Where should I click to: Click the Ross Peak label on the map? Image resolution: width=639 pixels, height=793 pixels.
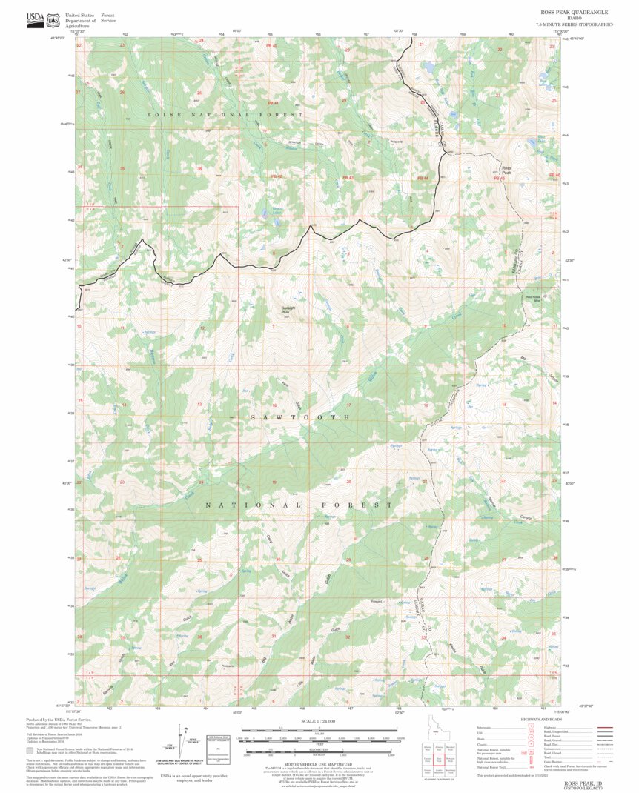coord(506,170)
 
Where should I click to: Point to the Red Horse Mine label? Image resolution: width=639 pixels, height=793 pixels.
coord(534,299)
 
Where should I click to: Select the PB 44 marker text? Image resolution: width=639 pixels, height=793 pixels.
coord(423,178)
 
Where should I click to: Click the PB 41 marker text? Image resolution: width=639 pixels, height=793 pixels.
coord(273,103)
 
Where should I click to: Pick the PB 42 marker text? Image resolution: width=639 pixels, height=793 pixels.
coord(277,176)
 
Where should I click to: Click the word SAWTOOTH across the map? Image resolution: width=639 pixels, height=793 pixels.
coord(299,418)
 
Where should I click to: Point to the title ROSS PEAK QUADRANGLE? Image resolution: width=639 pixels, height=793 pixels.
coord(574,13)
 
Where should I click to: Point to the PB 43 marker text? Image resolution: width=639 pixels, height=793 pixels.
coord(348,178)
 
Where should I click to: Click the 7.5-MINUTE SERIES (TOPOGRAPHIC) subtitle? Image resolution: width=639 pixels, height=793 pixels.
coord(575,25)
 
